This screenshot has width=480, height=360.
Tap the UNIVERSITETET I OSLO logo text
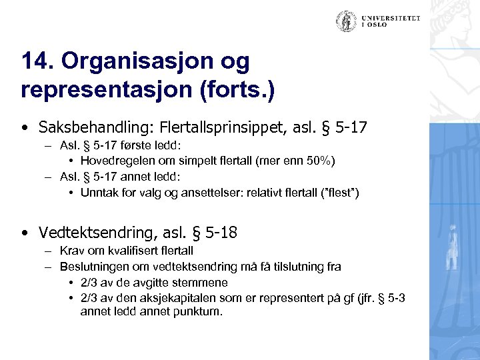click(391, 22)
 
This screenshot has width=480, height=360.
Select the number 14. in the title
click(37, 61)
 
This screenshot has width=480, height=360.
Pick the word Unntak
click(99, 193)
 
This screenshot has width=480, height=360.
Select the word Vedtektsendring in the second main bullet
click(93, 233)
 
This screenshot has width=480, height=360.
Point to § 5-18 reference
click(213, 233)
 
